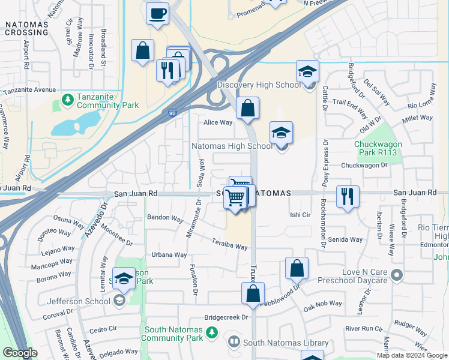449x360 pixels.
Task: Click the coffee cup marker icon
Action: [158, 13]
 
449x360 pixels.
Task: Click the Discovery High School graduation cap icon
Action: [307, 73]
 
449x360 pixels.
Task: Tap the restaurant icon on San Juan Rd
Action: [348, 197]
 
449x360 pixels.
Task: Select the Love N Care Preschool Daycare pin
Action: [396, 275]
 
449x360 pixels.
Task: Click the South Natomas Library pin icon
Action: [234, 343]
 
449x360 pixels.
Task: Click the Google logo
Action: [20, 353]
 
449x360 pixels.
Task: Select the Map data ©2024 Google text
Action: [412, 355]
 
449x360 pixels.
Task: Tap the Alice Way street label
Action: [217, 122]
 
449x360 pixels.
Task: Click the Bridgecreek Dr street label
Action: [226, 317]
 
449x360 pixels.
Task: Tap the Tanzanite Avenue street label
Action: [29, 91]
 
